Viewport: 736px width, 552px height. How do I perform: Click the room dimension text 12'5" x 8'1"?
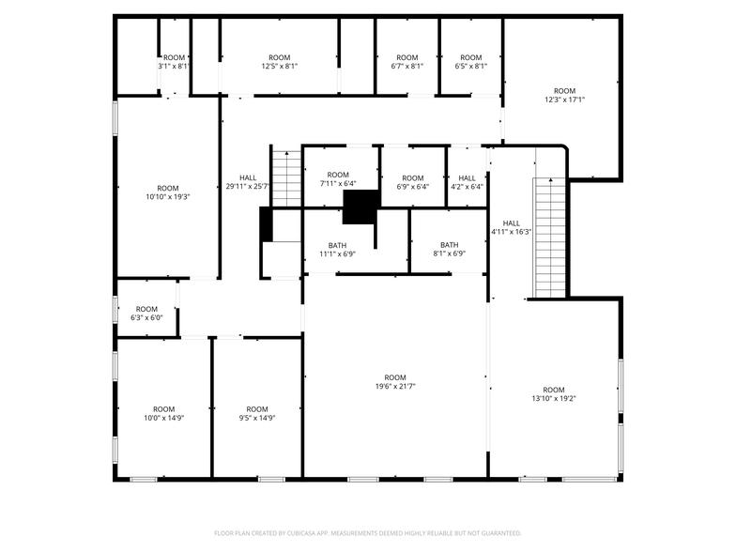pos(279,67)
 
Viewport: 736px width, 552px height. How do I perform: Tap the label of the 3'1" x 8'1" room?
pos(174,67)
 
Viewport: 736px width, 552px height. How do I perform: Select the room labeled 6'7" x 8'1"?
pos(406,67)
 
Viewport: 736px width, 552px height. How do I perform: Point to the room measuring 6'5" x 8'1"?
pos(470,67)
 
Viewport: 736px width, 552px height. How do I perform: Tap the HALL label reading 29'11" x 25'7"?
pos(248,186)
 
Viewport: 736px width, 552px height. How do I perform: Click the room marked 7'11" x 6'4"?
pos(338,184)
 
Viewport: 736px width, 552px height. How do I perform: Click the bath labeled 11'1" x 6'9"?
pos(338,253)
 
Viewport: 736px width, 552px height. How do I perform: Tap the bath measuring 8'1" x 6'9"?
pos(449,253)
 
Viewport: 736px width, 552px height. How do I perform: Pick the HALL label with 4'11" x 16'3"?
pos(512,231)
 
